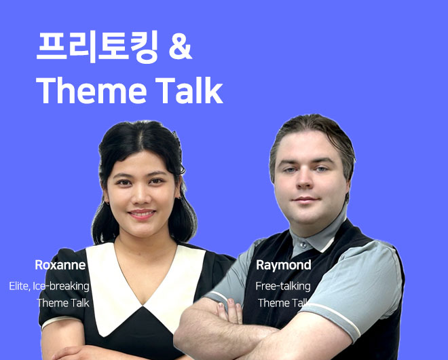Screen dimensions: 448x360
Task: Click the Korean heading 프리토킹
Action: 97,47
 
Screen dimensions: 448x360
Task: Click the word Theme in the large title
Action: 92,90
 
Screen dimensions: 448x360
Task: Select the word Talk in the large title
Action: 189,90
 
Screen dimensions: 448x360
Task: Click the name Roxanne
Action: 60,265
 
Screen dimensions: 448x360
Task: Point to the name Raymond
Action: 284,266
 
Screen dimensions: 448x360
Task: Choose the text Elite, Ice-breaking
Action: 49,286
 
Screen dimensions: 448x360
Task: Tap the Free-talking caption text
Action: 283,287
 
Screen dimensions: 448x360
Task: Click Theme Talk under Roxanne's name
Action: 63,303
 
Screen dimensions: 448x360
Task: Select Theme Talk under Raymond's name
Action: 283,303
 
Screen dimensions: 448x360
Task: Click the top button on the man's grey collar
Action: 303,245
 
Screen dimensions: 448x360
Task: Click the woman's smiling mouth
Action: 142,214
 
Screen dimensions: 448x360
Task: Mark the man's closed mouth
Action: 305,199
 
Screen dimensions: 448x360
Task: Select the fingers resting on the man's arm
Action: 229,311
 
